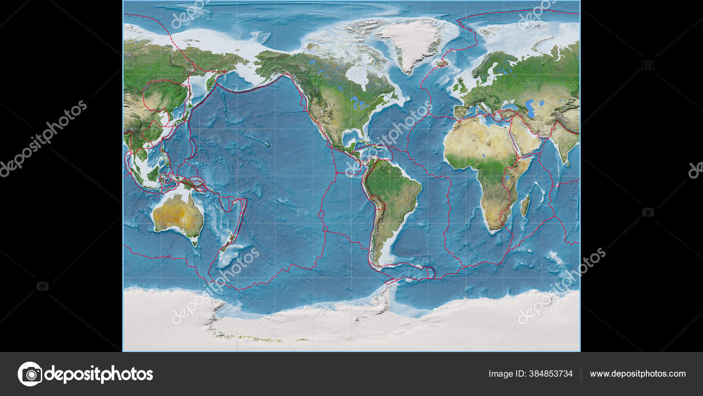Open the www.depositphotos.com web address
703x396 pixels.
[638, 374]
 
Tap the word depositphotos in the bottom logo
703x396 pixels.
[99, 374]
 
